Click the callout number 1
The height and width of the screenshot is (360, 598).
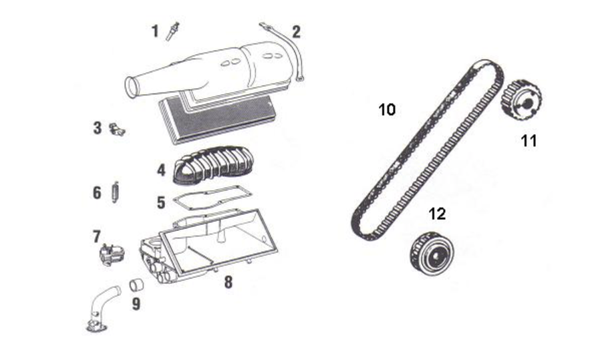coord(154,31)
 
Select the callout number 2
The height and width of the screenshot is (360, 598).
coord(295,31)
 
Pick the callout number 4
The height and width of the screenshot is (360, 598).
coord(160,170)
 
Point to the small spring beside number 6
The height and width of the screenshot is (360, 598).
coord(115,192)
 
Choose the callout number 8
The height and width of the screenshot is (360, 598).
coord(228,283)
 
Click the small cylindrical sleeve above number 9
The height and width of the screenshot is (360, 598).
coord(138,285)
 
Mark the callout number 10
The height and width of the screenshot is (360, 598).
coord(387,110)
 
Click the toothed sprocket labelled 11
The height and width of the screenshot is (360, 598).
coord(520,101)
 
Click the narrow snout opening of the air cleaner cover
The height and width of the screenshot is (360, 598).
coord(133,87)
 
